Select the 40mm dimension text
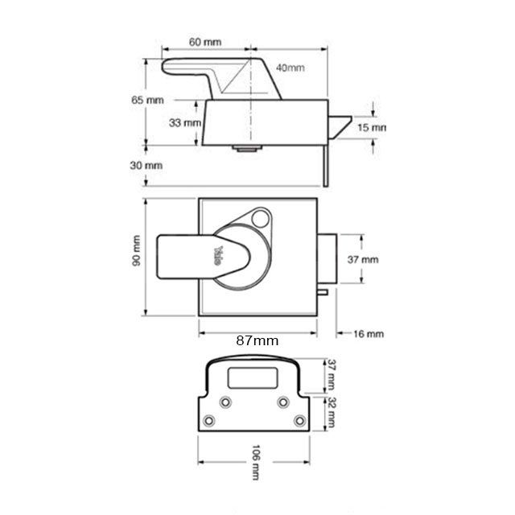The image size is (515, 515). [290, 68]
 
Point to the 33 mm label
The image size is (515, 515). [185, 122]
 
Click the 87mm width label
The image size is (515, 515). [257, 340]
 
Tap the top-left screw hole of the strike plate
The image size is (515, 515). [226, 402]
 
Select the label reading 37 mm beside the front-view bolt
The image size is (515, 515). [363, 260]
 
